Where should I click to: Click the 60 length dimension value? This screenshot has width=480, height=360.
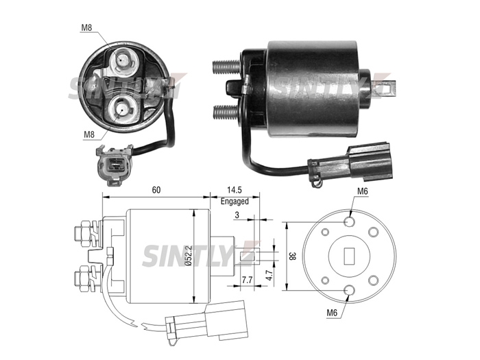click(156, 190)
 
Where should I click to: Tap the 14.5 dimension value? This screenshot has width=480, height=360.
click(235, 190)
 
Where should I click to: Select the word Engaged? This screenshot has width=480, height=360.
click(235, 201)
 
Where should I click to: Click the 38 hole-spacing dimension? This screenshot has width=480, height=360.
click(292, 256)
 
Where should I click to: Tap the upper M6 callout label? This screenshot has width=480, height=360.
click(363, 191)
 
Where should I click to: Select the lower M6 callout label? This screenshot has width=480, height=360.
click(332, 313)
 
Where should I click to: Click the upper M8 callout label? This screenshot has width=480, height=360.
click(86, 27)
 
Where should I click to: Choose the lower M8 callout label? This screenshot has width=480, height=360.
click(89, 134)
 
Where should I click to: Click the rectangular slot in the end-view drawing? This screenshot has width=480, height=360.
click(349, 256)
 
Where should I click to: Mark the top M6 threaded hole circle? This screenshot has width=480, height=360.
click(349, 221)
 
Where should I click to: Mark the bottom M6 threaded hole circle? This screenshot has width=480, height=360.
click(349, 291)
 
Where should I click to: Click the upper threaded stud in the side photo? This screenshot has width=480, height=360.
click(226, 66)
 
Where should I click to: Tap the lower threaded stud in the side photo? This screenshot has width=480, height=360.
click(227, 112)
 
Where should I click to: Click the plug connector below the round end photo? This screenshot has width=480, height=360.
click(114, 165)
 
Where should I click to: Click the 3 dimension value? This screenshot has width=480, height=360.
click(237, 215)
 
